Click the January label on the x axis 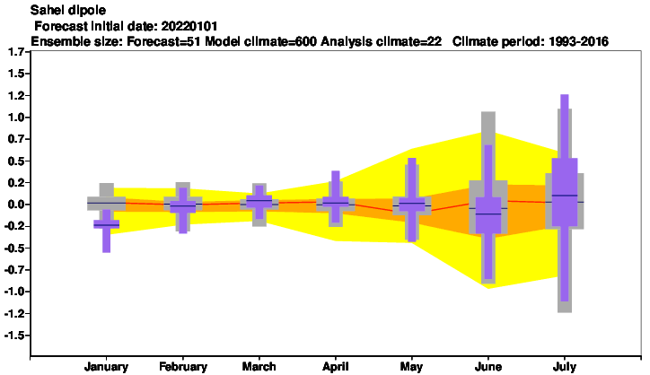[x=106, y=367]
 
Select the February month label [x=183, y=367]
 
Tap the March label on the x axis [x=259, y=367]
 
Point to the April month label [x=336, y=367]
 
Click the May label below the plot [x=411, y=367]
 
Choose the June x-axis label [x=487, y=367]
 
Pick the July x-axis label [x=564, y=367]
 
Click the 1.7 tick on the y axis [x=16, y=52]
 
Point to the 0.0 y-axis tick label [x=16, y=205]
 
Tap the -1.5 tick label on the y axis [x=15, y=336]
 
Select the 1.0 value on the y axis [x=16, y=118]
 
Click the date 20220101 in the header [x=189, y=26]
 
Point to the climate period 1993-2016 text [x=579, y=41]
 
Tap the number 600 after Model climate [x=306, y=41]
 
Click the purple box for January [x=107, y=224]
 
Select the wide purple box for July [x=564, y=192]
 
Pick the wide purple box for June [x=487, y=215]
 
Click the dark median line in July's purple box [x=564, y=196]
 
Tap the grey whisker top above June [x=488, y=112]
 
